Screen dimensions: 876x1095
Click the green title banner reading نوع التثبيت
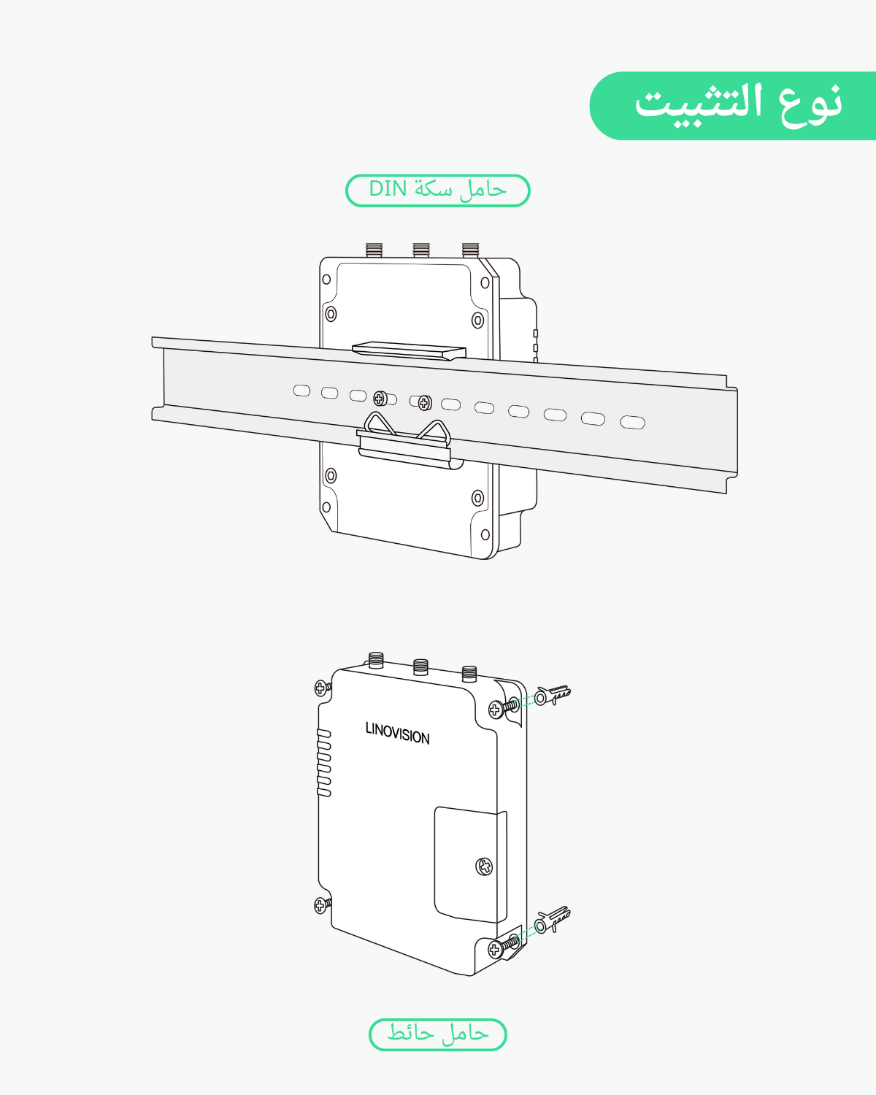pos(732,106)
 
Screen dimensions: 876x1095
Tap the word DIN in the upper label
pos(388,189)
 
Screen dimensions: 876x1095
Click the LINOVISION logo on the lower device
pos(397,733)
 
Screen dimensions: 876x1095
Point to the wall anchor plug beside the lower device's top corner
pos(553,694)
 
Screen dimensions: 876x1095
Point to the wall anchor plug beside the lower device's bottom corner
pos(553,921)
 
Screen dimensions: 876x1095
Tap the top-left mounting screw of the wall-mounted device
pos(322,688)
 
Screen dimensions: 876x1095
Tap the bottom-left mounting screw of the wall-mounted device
pos(322,906)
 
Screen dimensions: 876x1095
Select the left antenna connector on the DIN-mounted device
pos(374,250)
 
